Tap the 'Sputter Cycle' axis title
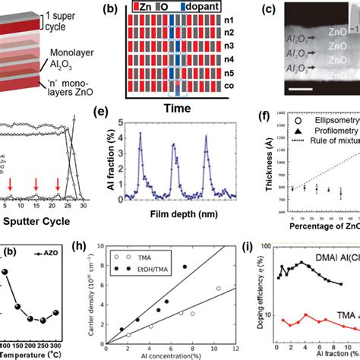click(x=39, y=223)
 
